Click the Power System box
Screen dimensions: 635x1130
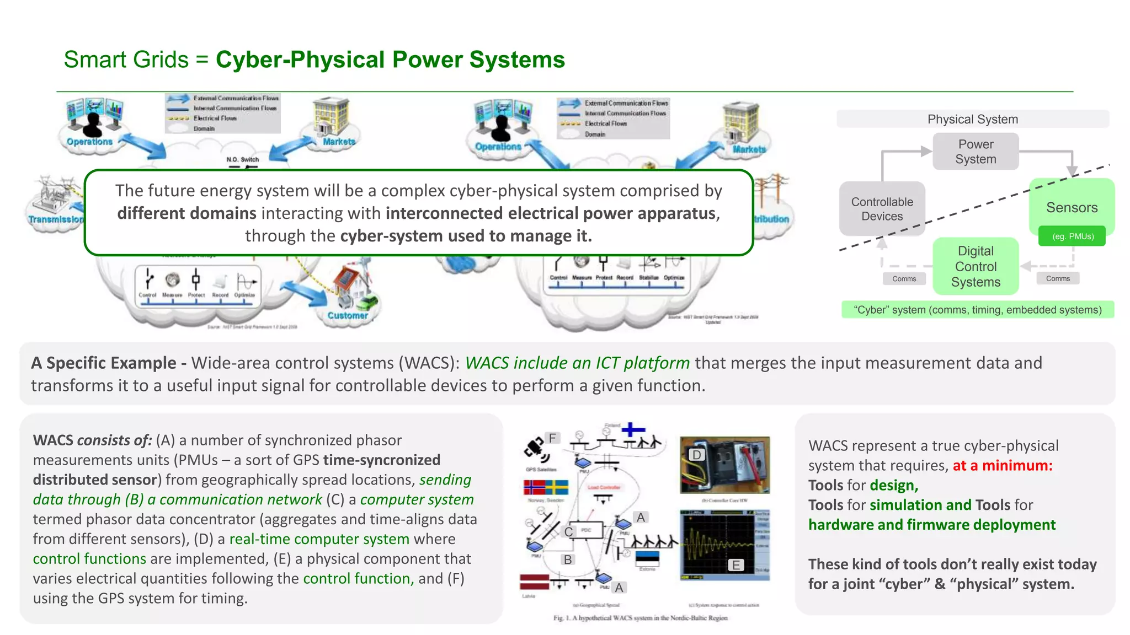click(x=975, y=152)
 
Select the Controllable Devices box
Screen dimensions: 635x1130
click(x=882, y=209)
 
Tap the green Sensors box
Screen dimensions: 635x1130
click(x=1072, y=207)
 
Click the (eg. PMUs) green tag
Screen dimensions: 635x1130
click(x=1072, y=236)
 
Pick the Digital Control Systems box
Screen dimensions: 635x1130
click(x=975, y=266)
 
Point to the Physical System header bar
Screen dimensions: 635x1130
click(x=972, y=119)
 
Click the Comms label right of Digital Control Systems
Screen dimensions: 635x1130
click(x=1057, y=278)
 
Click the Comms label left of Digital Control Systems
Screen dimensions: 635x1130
click(x=904, y=279)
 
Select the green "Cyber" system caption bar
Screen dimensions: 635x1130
click(x=977, y=310)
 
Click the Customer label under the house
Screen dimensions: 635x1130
click(x=347, y=315)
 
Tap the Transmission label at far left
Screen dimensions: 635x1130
click(x=56, y=219)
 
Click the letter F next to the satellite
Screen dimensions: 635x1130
click(x=552, y=438)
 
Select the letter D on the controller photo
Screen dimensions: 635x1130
click(x=696, y=455)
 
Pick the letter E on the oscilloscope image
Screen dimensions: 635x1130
click(x=735, y=565)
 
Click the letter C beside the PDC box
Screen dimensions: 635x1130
click(x=568, y=532)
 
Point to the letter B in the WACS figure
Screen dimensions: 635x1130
click(x=567, y=559)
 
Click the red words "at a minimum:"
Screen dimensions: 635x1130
click(x=1002, y=465)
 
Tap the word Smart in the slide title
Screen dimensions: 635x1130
click(x=94, y=60)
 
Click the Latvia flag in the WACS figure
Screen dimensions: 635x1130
click(x=534, y=582)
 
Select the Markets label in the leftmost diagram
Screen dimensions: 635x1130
click(x=338, y=142)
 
